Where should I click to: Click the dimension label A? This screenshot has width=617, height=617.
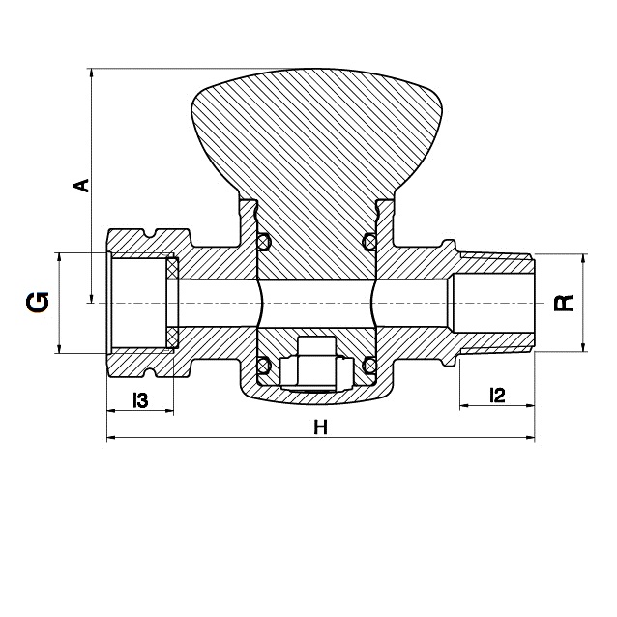(x=81, y=185)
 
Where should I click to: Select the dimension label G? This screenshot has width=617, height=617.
(x=38, y=302)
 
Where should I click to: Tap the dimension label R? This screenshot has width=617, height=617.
(x=564, y=303)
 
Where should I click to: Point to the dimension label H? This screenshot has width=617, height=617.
(x=321, y=426)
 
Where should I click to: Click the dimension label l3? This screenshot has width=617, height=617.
(x=140, y=400)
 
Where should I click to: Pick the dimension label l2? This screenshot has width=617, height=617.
(x=497, y=396)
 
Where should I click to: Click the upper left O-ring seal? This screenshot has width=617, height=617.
(x=264, y=241)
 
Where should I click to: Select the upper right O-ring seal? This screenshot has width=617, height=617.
(x=369, y=241)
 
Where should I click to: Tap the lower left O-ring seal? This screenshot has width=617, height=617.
(x=264, y=366)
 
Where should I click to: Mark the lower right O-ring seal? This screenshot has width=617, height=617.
(x=369, y=366)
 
